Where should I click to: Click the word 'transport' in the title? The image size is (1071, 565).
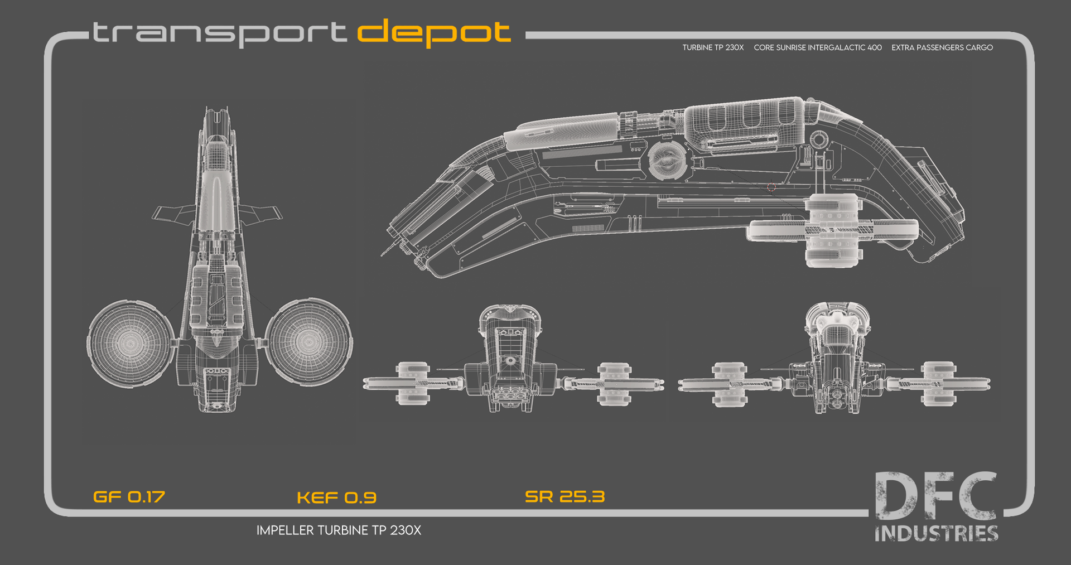tap(219, 33)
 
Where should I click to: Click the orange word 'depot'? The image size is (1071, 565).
tap(433, 33)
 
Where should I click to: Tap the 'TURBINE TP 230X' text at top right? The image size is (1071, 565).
tap(713, 48)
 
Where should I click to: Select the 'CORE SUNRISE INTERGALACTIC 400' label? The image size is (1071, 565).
tap(817, 48)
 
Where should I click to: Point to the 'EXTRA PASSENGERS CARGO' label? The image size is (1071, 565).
tap(942, 48)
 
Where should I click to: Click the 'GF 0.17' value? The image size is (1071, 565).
tap(129, 497)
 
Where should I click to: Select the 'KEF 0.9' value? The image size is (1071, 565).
tap(336, 498)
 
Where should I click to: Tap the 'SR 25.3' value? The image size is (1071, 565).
tap(565, 496)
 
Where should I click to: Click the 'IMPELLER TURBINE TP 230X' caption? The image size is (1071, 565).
tap(339, 530)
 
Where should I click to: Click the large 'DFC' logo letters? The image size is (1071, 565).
tap(935, 496)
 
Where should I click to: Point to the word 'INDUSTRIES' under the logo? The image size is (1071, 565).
tap(936, 534)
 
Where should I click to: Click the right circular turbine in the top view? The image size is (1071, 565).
tap(308, 341)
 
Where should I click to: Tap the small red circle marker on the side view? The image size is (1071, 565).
tap(771, 187)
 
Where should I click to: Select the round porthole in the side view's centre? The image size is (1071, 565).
tap(666, 159)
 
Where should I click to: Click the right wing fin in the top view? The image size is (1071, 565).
tap(262, 213)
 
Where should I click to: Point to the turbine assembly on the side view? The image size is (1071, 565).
tap(832, 230)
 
